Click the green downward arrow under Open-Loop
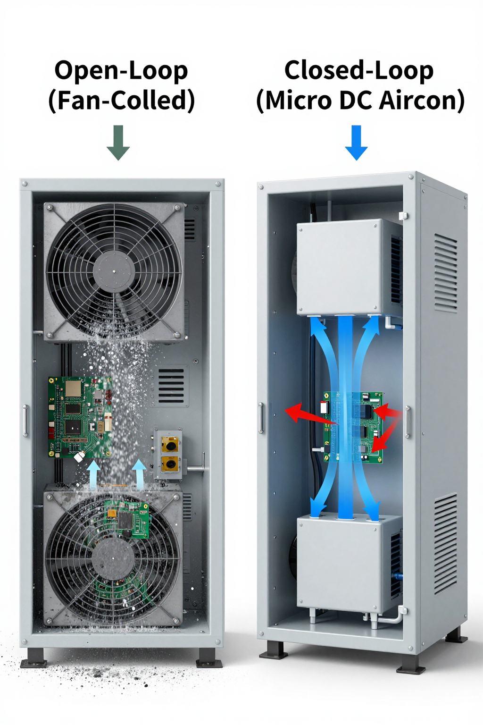[x=118, y=143]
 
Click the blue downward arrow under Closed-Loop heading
[x=356, y=143]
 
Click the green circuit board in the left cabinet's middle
[x=80, y=417]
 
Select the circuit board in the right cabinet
[x=354, y=427]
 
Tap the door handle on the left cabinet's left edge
[x=25, y=421]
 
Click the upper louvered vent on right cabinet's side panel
[x=445, y=274]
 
